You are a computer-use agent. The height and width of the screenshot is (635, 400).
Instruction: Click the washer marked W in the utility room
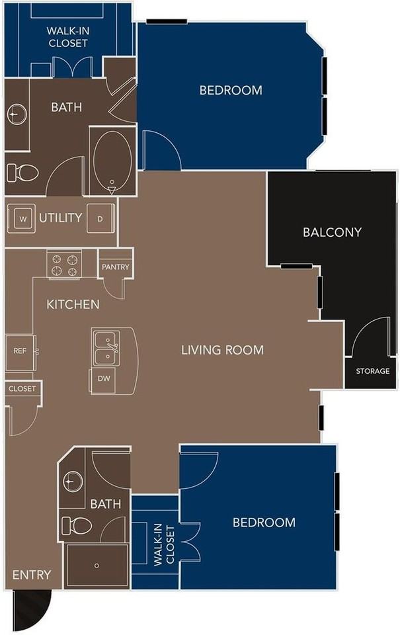point(23,218)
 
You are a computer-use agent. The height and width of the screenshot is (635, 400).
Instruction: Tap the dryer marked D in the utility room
point(100,218)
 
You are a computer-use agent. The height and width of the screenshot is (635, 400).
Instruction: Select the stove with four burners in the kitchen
point(64,264)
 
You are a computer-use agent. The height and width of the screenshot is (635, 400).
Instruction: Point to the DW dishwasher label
point(102,379)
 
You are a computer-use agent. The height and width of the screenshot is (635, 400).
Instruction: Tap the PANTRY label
point(116,267)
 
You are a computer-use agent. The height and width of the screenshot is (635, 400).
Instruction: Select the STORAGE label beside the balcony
point(372,371)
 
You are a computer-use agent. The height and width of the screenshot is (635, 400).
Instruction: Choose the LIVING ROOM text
point(222,350)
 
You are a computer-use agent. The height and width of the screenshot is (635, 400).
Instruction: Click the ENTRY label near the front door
point(31,574)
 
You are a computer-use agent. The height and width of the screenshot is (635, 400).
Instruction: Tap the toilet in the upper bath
point(22,173)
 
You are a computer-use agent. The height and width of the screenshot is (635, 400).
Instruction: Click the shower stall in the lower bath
point(97,565)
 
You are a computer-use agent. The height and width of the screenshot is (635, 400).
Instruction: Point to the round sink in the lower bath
point(73,481)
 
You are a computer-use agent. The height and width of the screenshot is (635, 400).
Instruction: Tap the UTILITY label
point(60,218)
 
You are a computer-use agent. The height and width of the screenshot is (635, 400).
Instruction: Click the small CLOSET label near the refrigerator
point(22,389)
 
